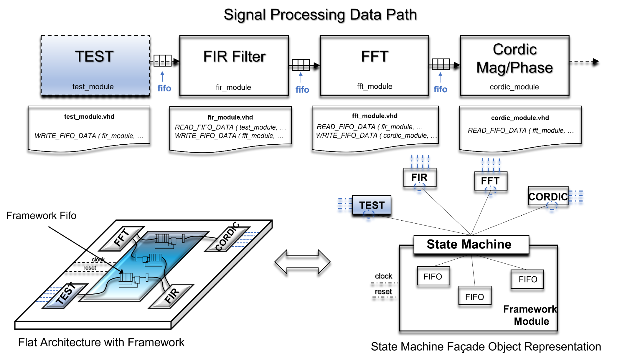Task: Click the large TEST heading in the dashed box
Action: [95, 56]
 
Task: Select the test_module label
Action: [93, 87]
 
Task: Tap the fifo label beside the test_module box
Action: [164, 89]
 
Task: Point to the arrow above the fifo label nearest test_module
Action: [162, 76]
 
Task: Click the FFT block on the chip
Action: [122, 238]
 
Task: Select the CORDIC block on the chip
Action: [227, 237]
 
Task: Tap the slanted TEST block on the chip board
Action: [65, 295]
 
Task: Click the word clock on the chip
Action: [98, 259]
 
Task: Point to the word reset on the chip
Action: [90, 268]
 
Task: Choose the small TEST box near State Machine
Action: [372, 205]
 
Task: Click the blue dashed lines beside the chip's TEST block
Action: [47, 294]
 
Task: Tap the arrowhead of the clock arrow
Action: [122, 271]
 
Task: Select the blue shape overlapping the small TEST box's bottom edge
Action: [369, 217]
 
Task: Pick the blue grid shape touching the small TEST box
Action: [344, 206]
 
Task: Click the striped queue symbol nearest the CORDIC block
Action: [162, 239]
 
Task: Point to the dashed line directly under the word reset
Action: [87, 272]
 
